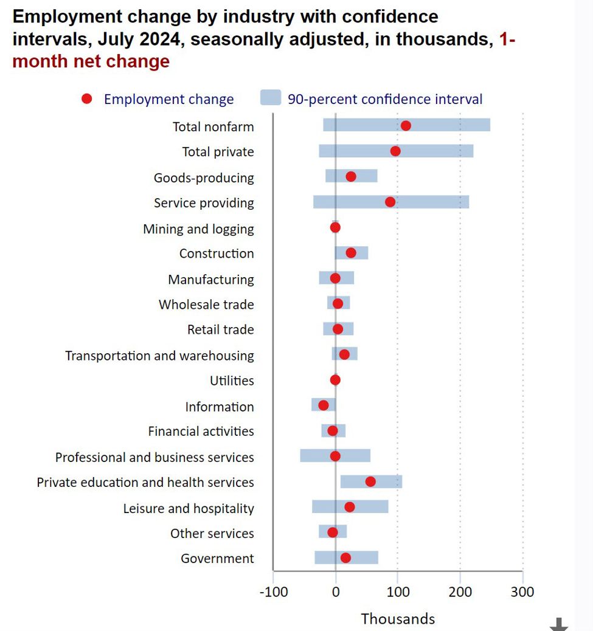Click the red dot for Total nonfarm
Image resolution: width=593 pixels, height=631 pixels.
coord(406,126)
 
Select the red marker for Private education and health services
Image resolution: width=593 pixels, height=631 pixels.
coord(370,482)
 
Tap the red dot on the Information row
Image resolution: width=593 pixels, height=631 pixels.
coord(323,405)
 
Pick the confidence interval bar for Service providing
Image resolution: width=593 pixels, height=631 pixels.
coord(426,202)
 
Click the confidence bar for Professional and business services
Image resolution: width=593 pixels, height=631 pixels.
coord(316,456)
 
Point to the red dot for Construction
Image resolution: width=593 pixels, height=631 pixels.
coord(351,253)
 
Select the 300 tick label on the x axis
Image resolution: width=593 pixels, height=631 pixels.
coord(522,591)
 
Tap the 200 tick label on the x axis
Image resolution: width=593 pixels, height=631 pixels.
coord(460,591)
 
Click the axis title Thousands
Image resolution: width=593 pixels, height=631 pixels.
coord(398,619)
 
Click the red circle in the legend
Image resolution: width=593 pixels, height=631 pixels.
coord(87,98)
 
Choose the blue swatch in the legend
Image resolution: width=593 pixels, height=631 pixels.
coord(271,98)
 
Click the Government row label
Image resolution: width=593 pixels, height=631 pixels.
coord(217,559)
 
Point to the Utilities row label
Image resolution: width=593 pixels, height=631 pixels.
coord(232,381)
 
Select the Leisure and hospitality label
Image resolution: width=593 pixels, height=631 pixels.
coord(189,508)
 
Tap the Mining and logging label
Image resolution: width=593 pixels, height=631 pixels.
coord(198,229)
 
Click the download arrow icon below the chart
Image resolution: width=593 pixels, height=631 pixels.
coord(559,624)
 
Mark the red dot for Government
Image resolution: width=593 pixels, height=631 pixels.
coord(345,558)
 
